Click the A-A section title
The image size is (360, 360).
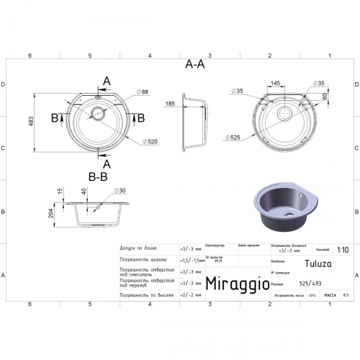click(x=194, y=64)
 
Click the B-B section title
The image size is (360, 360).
click(x=98, y=175)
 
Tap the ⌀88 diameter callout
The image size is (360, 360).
click(x=143, y=91)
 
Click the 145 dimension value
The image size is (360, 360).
click(x=276, y=84)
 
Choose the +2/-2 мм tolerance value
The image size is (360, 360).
click(x=189, y=294)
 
